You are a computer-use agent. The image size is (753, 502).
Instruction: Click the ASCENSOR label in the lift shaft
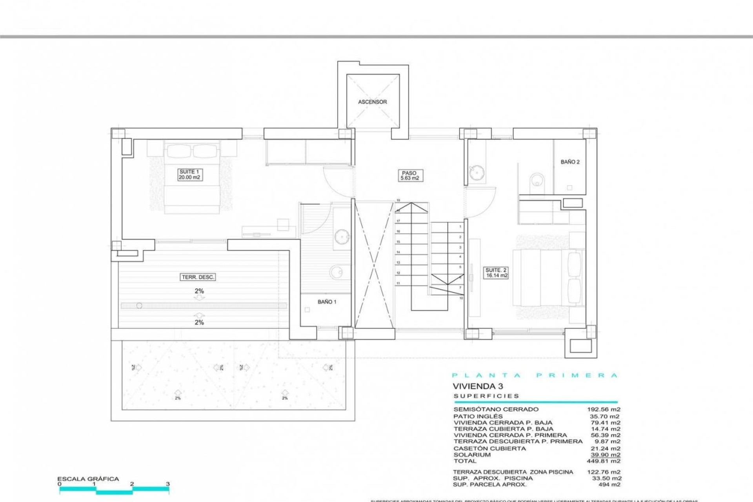point(372,102)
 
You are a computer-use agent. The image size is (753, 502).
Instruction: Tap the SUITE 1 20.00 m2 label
point(189,175)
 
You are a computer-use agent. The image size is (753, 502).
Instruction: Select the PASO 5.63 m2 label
point(409,175)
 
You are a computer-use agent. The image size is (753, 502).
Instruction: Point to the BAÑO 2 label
point(570,162)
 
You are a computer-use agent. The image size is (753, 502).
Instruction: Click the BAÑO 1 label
point(327,302)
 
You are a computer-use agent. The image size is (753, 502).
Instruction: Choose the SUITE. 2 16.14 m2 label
point(496,273)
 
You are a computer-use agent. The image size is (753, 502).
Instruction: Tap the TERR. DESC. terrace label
point(198,277)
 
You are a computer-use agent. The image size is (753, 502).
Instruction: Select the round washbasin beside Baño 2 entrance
point(476,173)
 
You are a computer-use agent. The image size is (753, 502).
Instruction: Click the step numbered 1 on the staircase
point(460,227)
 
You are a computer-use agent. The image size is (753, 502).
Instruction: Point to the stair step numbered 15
point(398,242)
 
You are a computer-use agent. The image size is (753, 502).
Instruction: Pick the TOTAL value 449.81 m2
point(603,461)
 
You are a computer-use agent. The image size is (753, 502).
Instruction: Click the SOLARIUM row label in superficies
point(472,455)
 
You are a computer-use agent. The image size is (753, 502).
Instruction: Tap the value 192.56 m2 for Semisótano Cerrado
point(603,409)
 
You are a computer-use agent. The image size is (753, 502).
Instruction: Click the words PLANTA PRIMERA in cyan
point(535,375)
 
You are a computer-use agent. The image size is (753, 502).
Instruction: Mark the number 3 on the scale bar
point(168,484)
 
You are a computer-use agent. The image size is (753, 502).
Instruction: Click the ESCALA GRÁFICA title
point(88,479)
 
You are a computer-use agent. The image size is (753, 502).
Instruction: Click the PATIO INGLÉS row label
point(478,416)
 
